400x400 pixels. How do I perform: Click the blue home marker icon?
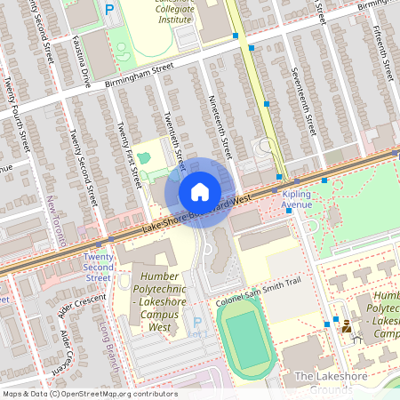pos(200,191)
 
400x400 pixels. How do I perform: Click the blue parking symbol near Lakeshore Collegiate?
pos(110,11)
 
